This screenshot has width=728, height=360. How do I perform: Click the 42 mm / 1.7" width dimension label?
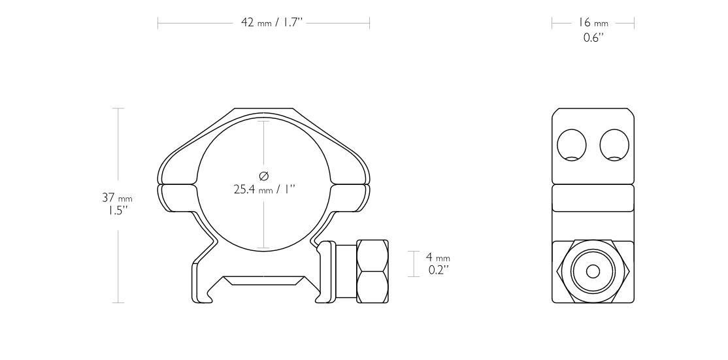[264, 23]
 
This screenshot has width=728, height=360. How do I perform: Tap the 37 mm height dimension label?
[117, 198]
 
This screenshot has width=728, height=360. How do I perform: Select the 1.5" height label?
[117, 211]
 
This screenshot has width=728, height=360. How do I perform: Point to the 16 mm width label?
[593, 23]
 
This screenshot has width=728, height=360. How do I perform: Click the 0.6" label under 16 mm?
[593, 37]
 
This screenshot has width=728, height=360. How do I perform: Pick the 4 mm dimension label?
[438, 257]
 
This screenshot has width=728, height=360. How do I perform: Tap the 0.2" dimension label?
[438, 269]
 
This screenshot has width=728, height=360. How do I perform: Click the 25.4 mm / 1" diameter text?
[264, 190]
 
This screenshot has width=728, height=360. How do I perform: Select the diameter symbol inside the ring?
[264, 176]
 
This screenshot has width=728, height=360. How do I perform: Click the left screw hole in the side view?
[572, 144]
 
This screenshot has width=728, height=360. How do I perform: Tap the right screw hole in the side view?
[614, 144]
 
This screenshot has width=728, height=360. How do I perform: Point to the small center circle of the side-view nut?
[593, 271]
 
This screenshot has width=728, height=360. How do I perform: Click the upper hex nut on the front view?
[372, 255]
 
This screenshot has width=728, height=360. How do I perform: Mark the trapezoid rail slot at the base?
[263, 281]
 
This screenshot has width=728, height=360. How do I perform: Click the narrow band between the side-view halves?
[593, 198]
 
